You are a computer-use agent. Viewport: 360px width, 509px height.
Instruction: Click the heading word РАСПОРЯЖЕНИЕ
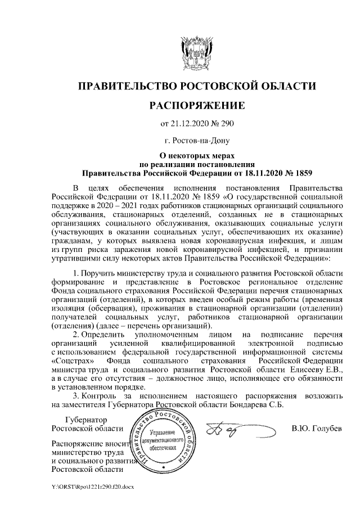coord(196,105)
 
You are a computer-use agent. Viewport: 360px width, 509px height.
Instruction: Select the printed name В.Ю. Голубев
coord(317,430)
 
